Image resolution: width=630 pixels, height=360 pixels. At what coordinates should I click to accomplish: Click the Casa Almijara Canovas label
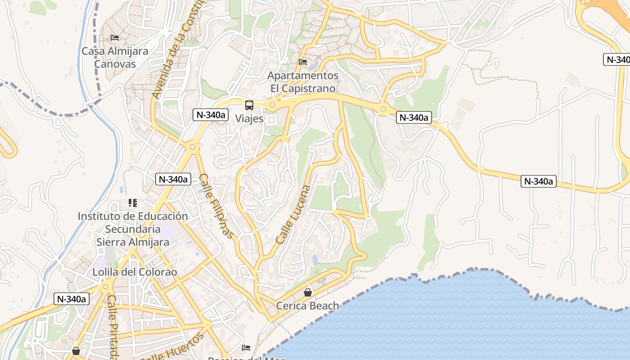click(x=115, y=58)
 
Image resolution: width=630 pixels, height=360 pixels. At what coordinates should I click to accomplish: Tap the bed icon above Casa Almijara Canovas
click(x=115, y=37)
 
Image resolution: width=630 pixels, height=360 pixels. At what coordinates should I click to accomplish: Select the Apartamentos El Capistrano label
click(x=303, y=82)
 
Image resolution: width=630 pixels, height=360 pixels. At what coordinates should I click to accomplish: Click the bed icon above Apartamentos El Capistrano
click(x=303, y=62)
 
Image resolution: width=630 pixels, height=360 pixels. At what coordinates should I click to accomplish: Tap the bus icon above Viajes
click(x=249, y=105)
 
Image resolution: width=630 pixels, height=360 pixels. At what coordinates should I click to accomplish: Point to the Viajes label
click(x=249, y=119)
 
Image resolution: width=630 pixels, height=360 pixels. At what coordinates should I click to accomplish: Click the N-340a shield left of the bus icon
click(x=210, y=115)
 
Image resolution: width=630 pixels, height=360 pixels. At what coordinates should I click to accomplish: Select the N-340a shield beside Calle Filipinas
click(x=173, y=179)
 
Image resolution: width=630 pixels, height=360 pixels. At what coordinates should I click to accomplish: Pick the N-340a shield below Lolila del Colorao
click(x=71, y=299)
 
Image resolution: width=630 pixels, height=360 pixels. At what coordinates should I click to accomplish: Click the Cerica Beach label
click(x=307, y=306)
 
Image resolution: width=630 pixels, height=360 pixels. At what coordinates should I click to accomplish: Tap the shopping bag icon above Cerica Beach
click(x=308, y=292)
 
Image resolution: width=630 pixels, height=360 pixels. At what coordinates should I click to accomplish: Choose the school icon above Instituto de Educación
click(x=132, y=203)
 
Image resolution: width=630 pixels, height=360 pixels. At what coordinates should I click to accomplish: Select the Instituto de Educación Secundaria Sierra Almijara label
click(x=133, y=229)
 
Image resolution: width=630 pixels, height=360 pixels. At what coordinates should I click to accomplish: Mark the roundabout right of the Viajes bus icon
click(x=271, y=105)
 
